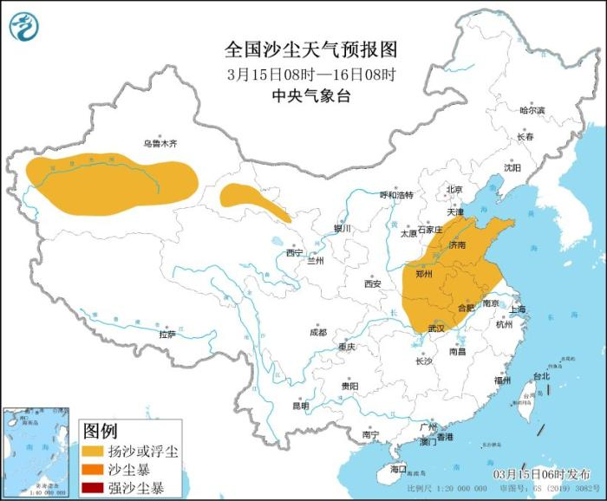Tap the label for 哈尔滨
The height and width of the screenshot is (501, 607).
coord(532,111)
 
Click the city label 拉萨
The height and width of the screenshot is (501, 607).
coord(166,334)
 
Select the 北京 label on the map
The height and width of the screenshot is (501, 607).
coord(454,189)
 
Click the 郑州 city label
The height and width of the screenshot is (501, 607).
coord(424,274)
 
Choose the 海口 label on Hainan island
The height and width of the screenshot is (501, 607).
coord(398,469)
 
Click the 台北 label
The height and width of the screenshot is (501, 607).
coord(540,376)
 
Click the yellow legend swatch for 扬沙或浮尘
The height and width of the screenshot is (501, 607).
coord(93,452)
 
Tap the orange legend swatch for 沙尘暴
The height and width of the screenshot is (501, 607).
coord(93,470)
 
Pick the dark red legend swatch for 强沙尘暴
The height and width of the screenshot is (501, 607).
coord(93,488)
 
